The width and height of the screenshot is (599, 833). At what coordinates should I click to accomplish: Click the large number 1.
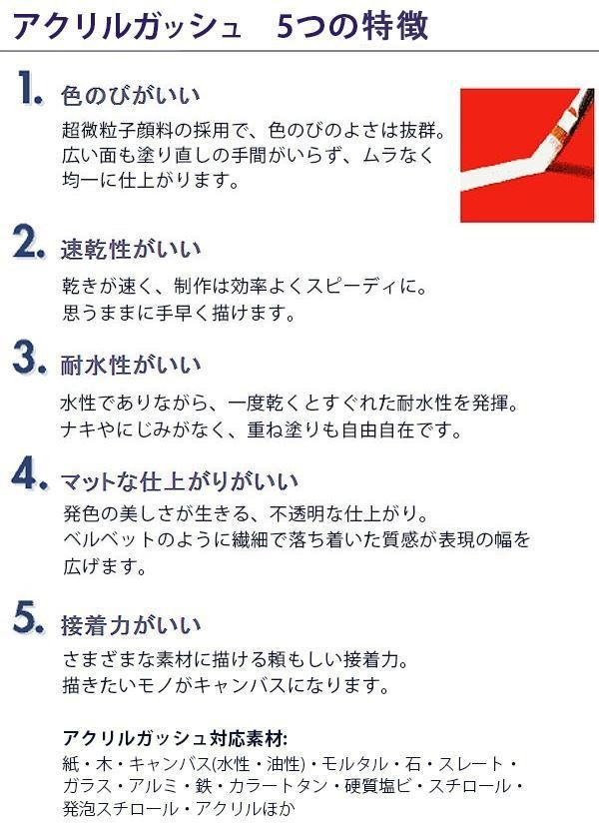29,88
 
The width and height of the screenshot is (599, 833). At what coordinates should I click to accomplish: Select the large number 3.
29,359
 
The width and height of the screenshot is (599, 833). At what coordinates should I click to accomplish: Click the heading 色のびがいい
131,96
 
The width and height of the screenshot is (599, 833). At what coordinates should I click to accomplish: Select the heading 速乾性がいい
131,249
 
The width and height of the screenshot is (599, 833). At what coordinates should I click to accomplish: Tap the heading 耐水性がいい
131,365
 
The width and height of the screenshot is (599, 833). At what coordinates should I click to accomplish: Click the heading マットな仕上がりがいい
180,481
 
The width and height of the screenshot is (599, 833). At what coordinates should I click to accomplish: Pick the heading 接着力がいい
131,625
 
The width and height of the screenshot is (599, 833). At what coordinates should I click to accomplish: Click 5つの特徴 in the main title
352,26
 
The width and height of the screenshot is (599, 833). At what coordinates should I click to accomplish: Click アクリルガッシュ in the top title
127,26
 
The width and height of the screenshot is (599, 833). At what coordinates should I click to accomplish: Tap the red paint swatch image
527,155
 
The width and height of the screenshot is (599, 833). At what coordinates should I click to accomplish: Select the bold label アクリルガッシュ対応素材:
176,738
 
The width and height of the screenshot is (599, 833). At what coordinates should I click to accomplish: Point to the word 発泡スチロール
121,809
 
